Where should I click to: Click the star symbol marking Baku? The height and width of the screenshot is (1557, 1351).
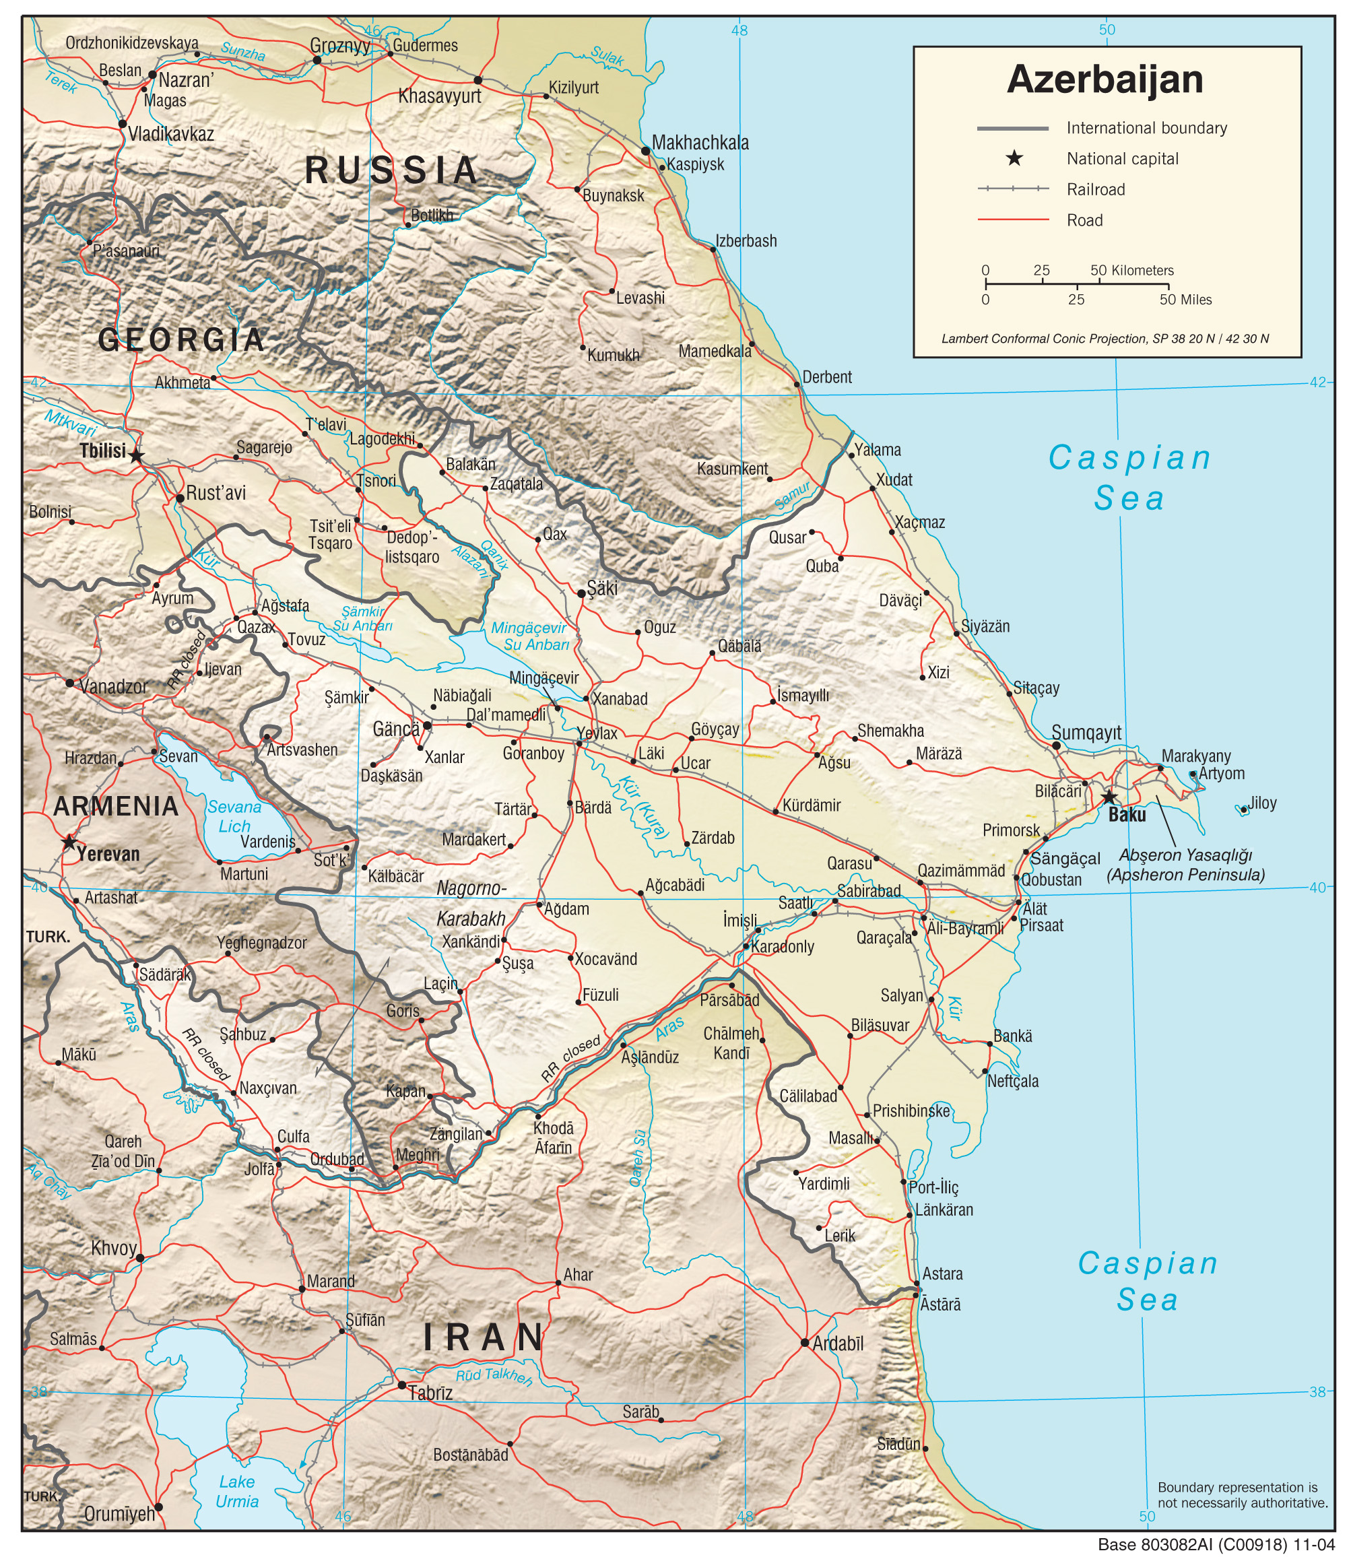(1109, 797)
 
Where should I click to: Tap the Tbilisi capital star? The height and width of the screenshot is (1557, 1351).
(135, 455)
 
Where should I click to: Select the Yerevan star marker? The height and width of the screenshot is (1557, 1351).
(69, 842)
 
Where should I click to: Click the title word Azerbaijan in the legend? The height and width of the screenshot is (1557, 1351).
(1105, 80)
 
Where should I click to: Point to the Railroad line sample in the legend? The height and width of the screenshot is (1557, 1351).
(1012, 189)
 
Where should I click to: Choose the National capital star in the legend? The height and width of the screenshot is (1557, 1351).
(1015, 158)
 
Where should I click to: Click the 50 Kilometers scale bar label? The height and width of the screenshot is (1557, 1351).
(1131, 270)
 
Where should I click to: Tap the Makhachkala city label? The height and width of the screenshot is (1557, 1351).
(700, 143)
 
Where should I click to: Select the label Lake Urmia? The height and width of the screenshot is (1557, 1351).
(236, 1492)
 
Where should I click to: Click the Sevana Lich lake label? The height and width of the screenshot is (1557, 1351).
(234, 817)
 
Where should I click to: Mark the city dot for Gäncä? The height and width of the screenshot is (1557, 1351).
(427, 726)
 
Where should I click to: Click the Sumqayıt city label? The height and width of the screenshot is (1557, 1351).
(1086, 732)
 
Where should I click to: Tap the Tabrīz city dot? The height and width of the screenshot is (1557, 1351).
(402, 1385)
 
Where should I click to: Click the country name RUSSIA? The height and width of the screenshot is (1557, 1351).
(391, 170)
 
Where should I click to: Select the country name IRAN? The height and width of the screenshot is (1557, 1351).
(484, 1337)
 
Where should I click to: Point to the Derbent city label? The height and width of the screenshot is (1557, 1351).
(826, 377)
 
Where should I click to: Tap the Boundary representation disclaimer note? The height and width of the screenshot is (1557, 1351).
(1242, 1495)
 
